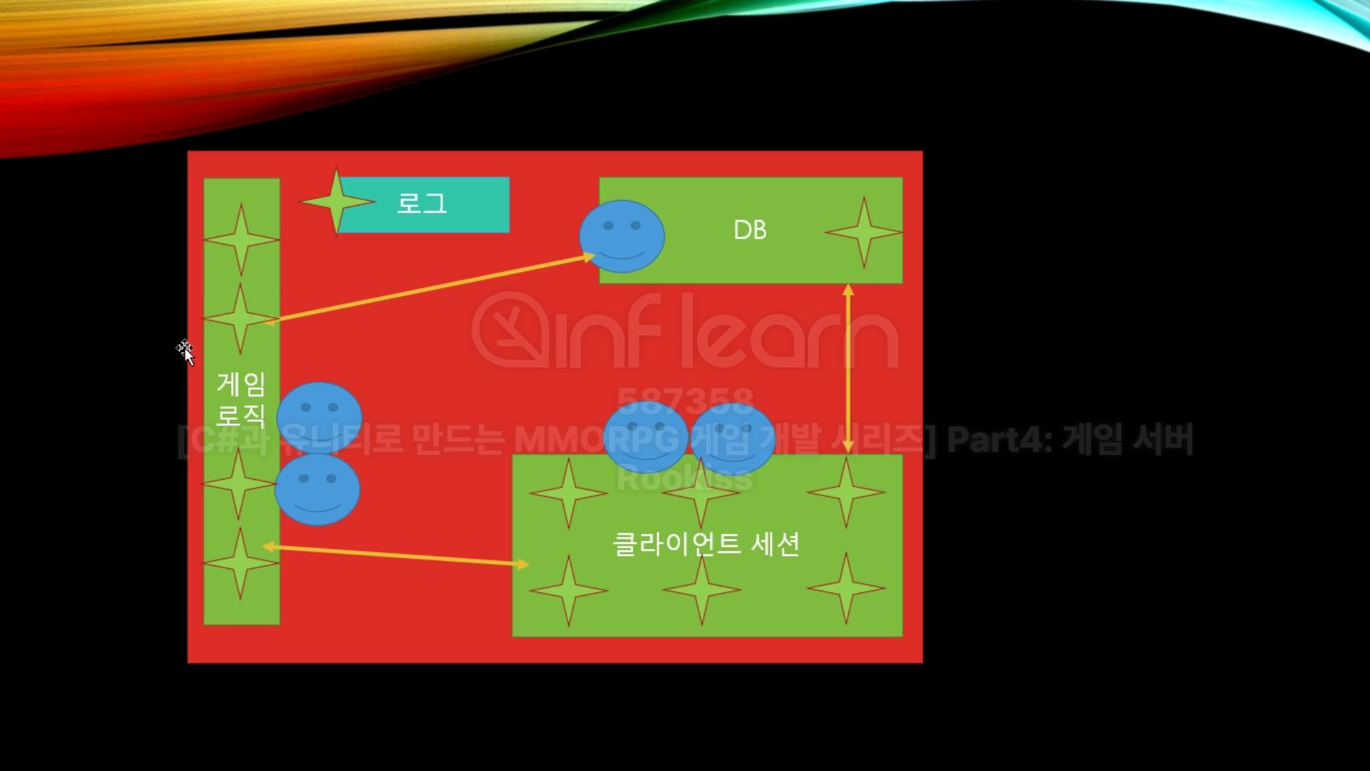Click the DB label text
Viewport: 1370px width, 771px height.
pos(750,230)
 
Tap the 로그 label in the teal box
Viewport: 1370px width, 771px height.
pos(422,203)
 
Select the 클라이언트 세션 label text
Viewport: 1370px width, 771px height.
pos(706,545)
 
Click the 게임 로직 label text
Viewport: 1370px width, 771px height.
pos(241,399)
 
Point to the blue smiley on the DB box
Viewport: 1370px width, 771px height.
pos(621,236)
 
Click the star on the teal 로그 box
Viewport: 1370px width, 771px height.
pos(337,202)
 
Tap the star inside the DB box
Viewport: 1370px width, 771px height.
pos(863,232)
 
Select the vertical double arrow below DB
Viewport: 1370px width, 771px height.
pos(848,368)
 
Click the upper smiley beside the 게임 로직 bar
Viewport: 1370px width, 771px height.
pos(319,416)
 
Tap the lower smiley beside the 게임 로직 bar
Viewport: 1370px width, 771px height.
pos(318,490)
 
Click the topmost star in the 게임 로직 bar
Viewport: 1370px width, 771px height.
pos(241,239)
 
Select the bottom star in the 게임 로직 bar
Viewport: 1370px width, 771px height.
pos(240,563)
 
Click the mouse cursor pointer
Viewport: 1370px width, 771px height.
pos(186,351)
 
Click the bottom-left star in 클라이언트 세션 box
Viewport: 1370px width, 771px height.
pos(569,590)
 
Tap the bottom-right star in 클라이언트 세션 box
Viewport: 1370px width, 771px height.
pos(846,588)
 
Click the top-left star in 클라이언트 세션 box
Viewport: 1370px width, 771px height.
pos(569,493)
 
